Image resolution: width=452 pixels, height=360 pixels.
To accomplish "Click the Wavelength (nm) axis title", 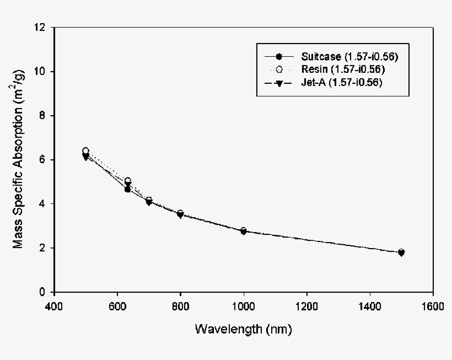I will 243,330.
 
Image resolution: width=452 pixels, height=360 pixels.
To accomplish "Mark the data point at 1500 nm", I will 401,252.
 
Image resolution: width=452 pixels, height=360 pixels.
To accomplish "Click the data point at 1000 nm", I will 244,231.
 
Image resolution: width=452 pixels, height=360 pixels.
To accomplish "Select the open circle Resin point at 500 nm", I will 85,151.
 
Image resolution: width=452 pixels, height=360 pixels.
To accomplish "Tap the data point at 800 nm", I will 180,214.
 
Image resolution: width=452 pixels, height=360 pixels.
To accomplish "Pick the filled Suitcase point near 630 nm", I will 127,189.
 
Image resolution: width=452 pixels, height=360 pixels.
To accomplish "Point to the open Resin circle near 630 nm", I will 128,181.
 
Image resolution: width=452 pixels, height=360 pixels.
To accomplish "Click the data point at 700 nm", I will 149,201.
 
